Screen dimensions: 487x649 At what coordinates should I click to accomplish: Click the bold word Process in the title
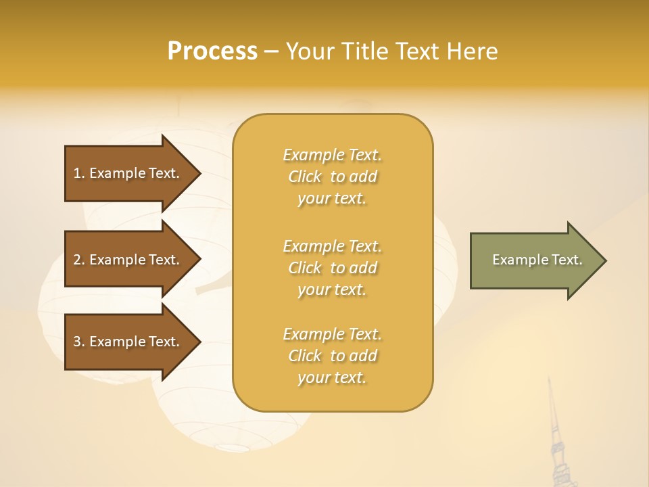click(x=212, y=51)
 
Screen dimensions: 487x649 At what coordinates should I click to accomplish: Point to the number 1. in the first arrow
click(x=79, y=173)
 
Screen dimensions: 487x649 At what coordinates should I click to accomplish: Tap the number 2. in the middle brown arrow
click(x=79, y=260)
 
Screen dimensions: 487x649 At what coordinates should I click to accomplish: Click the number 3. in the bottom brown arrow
click(x=79, y=342)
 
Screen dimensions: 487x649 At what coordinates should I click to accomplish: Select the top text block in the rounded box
click(x=332, y=177)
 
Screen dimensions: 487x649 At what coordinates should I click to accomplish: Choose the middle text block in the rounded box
click(x=332, y=267)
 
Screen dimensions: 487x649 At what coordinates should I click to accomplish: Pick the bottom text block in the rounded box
click(x=332, y=356)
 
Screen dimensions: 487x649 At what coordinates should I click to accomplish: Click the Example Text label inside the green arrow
click(x=537, y=260)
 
